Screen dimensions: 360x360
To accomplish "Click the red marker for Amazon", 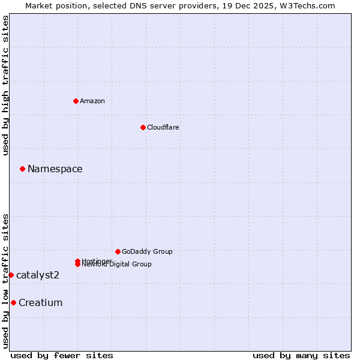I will click(x=76, y=101).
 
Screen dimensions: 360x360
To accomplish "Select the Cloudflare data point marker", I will click(x=143, y=127).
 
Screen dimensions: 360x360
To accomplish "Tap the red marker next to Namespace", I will click(x=22, y=169).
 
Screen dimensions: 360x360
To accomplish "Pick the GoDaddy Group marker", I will click(x=118, y=251).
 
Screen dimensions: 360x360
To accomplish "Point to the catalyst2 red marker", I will click(x=11, y=275).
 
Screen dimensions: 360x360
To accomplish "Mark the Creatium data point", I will click(x=13, y=302).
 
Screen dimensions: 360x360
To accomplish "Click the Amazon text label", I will click(x=92, y=101).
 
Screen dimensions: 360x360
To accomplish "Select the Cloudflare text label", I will click(x=163, y=127).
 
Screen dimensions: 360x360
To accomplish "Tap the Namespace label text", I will click(x=55, y=169).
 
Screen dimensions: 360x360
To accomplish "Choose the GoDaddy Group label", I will click(x=147, y=251).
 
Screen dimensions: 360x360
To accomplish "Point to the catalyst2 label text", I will click(x=38, y=275).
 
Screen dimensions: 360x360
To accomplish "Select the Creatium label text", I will click(x=41, y=302).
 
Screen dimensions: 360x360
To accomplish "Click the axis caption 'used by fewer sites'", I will click(x=62, y=356).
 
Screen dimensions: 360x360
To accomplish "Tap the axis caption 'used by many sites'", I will click(x=301, y=356).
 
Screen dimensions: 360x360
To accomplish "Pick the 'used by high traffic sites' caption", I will click(x=6, y=86).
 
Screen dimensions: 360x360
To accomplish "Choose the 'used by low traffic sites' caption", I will click(x=6, y=281).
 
